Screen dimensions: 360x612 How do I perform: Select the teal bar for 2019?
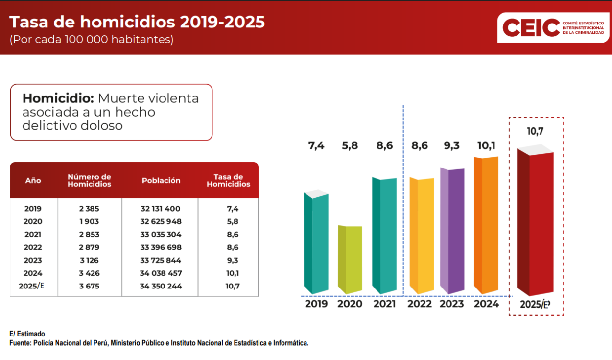[x=316, y=242]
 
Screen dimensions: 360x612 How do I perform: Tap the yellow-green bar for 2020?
[x=350, y=260]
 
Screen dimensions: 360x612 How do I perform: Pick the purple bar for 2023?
[x=452, y=230]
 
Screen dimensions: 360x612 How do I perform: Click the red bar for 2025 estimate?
[x=536, y=223]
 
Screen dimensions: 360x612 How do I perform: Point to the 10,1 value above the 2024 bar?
[x=487, y=145]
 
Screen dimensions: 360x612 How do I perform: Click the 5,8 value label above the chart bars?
[x=350, y=145]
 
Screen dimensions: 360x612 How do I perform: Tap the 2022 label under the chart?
[x=420, y=304]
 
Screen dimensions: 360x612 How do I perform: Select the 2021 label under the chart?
[x=384, y=304]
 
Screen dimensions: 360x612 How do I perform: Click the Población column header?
[x=161, y=181]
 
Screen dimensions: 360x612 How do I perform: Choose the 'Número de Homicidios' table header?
[x=89, y=181]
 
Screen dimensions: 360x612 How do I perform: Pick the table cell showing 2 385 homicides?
[x=89, y=209]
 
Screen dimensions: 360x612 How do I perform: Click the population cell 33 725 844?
[x=161, y=260]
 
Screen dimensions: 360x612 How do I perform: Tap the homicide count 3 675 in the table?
[x=89, y=286]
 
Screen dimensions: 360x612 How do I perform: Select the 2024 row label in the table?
[x=33, y=273]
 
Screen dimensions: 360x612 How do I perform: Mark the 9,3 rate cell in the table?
[x=233, y=260]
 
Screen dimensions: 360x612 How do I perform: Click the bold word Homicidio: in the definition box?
[x=58, y=98]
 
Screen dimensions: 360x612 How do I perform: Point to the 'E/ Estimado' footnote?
[x=27, y=334]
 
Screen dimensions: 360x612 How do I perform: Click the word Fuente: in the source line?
[x=20, y=343]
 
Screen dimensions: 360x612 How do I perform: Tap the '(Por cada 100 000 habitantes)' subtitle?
[x=92, y=40]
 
